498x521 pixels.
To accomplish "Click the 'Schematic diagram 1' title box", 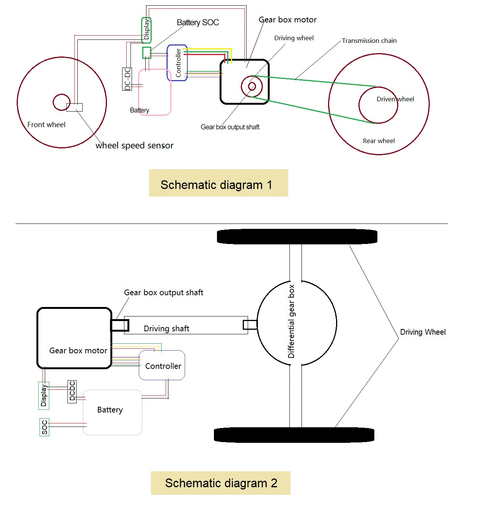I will pos(218,183).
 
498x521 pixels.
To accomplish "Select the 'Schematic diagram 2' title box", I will pos(220,483).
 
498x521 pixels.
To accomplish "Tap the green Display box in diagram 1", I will pos(146,30).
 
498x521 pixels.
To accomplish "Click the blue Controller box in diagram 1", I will pos(177,63).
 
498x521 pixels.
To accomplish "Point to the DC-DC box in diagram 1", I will pos(127,79).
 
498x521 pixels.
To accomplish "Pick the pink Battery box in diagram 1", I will pos(155,92).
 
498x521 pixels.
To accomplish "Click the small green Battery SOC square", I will pos(146,53).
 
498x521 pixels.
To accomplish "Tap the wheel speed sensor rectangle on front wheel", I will pos(74,107).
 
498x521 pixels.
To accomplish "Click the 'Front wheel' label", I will pos(46,124).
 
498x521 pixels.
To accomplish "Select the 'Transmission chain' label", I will pos(369,41).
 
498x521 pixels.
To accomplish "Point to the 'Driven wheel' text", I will pos(395,99).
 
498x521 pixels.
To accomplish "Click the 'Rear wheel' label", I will pos(379,141).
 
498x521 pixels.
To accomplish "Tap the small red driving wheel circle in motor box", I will pos(251,87).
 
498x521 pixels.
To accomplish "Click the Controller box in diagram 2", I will pos(162,365).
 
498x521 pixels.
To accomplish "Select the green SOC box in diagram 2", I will pos(44,427).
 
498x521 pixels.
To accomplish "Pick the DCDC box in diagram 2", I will pos(72,391).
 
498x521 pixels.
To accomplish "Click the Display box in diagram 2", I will pos(44,395).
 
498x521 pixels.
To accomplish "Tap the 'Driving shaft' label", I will pos(166,328).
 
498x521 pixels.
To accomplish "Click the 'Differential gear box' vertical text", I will pos(291,321).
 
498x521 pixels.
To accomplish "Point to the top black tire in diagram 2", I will pos(297,236).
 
